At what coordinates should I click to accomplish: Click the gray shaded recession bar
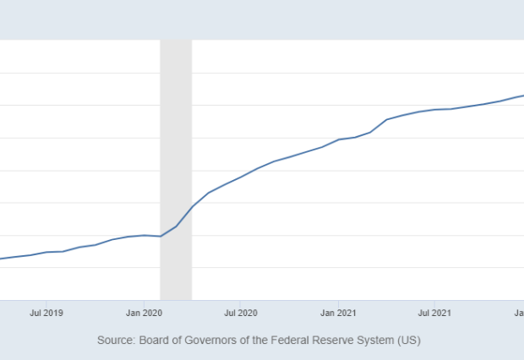pos(176,127)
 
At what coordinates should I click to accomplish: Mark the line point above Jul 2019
pos(46,252)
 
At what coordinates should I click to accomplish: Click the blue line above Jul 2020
pos(241,177)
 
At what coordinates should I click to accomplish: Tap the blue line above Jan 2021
pos(339,139)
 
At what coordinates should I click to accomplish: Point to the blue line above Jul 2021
pos(435,109)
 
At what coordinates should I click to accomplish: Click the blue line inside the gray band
pos(177,226)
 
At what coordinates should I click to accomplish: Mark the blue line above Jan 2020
pos(144,235)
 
